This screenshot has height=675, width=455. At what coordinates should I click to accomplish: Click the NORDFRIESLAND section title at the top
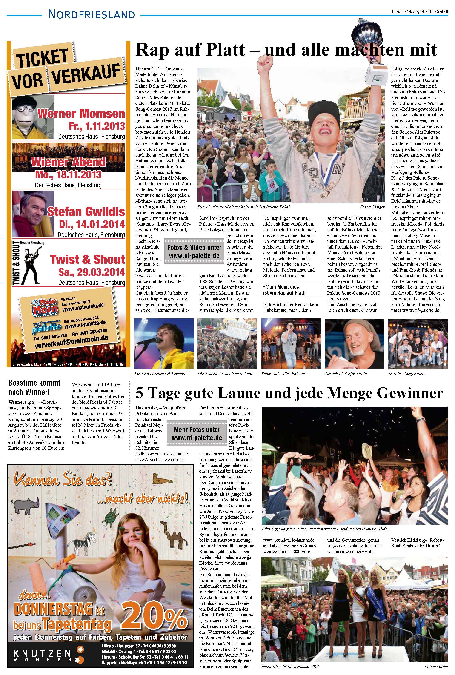92,14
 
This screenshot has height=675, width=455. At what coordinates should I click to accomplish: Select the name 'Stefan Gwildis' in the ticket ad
86,212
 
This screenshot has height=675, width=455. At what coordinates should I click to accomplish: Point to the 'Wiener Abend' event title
69,162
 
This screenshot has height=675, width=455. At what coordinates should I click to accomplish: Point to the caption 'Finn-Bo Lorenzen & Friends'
159,374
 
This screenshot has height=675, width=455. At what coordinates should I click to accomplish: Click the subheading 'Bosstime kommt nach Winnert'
34,387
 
